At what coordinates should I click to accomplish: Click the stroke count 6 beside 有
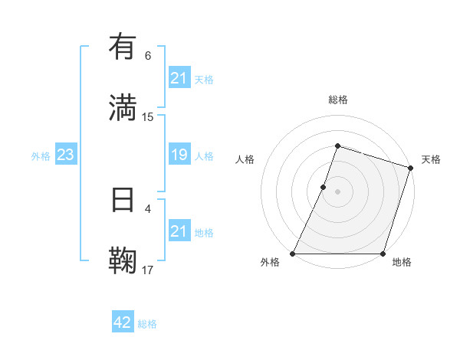[x=148, y=56]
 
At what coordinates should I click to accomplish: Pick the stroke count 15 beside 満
[x=148, y=116]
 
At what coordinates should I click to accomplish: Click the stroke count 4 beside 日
[x=148, y=208]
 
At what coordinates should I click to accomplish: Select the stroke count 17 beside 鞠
[x=148, y=269]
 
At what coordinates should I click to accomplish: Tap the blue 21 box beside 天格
[x=179, y=78]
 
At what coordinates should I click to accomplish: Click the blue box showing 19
[x=179, y=155]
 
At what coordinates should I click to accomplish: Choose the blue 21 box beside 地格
[x=179, y=231]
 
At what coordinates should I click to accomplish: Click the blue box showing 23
[x=65, y=155]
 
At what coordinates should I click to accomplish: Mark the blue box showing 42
[x=123, y=322]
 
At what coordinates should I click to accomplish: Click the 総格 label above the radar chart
[x=337, y=100]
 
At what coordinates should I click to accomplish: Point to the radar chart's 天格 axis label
[x=431, y=159]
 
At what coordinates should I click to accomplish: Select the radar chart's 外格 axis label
[x=270, y=262]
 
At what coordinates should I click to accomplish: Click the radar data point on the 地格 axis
[x=383, y=254]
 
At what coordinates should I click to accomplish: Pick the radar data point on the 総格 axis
[x=337, y=146]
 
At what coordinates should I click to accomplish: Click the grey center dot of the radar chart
[x=337, y=191]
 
